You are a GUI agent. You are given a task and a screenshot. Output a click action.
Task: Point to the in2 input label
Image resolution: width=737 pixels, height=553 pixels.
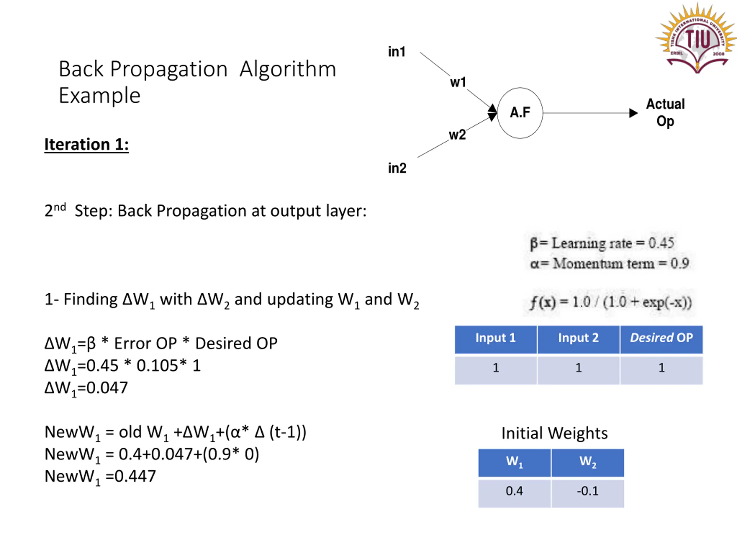(x=397, y=168)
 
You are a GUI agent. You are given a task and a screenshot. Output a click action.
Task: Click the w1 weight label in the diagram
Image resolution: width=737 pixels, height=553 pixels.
(x=458, y=82)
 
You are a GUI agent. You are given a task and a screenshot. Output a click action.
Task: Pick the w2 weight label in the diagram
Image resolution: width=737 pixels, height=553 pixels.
(x=457, y=135)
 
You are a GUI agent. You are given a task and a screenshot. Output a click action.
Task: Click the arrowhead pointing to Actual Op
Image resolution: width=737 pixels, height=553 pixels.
(x=633, y=113)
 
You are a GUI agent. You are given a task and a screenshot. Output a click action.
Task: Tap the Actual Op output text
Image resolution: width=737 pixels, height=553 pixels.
(x=665, y=113)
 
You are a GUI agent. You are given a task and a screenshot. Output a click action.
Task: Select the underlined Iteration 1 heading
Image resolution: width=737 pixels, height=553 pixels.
(x=87, y=145)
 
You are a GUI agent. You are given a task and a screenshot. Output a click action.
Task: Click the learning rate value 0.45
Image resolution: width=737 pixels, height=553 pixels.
(x=661, y=243)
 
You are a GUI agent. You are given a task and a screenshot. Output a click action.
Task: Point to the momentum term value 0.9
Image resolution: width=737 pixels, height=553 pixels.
(x=680, y=263)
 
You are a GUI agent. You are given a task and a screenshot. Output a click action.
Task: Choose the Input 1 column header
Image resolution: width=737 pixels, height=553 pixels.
(x=495, y=338)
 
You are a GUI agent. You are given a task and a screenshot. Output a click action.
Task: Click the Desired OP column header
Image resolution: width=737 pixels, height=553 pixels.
(x=661, y=338)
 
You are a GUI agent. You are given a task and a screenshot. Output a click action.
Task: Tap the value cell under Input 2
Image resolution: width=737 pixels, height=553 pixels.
(x=578, y=368)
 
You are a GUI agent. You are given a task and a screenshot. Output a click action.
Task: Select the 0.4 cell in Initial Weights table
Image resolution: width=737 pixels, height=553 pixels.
(x=514, y=491)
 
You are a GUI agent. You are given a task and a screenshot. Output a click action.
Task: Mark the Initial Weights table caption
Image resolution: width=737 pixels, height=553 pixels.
(x=554, y=433)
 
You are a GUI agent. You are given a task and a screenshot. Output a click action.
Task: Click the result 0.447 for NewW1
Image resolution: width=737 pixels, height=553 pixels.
(x=135, y=476)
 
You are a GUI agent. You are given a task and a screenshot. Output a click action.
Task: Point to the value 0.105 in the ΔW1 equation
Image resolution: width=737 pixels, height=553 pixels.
(x=157, y=366)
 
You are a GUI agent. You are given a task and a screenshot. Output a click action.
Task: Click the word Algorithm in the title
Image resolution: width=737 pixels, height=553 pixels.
(x=288, y=70)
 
